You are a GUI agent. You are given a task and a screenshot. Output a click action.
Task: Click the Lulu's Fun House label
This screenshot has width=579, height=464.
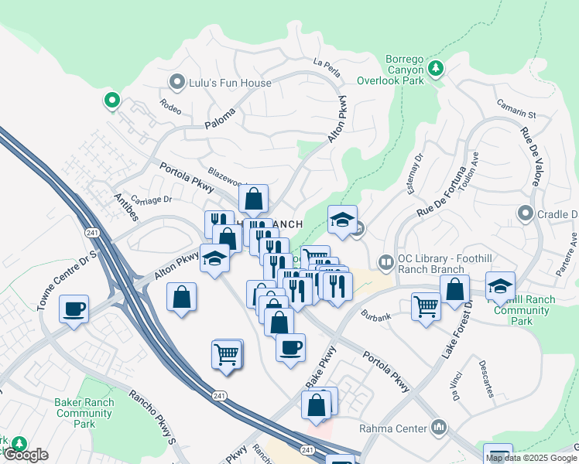[x=231, y=83]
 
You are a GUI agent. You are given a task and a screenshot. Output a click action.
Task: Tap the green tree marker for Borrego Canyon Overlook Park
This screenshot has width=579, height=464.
[x=437, y=69]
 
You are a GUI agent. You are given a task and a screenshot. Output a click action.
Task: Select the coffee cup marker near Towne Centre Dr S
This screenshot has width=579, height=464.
[x=74, y=309]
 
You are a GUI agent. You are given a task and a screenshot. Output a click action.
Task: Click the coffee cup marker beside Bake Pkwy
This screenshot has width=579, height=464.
[x=290, y=347]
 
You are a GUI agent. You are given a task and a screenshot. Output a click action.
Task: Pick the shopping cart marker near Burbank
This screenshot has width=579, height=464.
[x=426, y=307]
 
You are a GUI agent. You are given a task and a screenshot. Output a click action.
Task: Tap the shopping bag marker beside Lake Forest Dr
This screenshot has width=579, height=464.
[x=455, y=289]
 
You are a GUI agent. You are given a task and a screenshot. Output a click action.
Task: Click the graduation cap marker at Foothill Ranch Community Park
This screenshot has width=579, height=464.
[x=500, y=286]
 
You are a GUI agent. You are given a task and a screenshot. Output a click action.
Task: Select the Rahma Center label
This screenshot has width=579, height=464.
[x=392, y=428]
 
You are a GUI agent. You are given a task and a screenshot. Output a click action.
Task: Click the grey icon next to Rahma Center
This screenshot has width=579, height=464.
[x=440, y=428]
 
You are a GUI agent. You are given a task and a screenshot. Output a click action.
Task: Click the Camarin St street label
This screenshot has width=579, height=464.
[x=517, y=109]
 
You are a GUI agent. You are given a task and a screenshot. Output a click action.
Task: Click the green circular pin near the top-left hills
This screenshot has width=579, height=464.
[x=111, y=100]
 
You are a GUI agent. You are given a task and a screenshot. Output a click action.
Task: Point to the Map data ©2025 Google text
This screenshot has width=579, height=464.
[x=531, y=458]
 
